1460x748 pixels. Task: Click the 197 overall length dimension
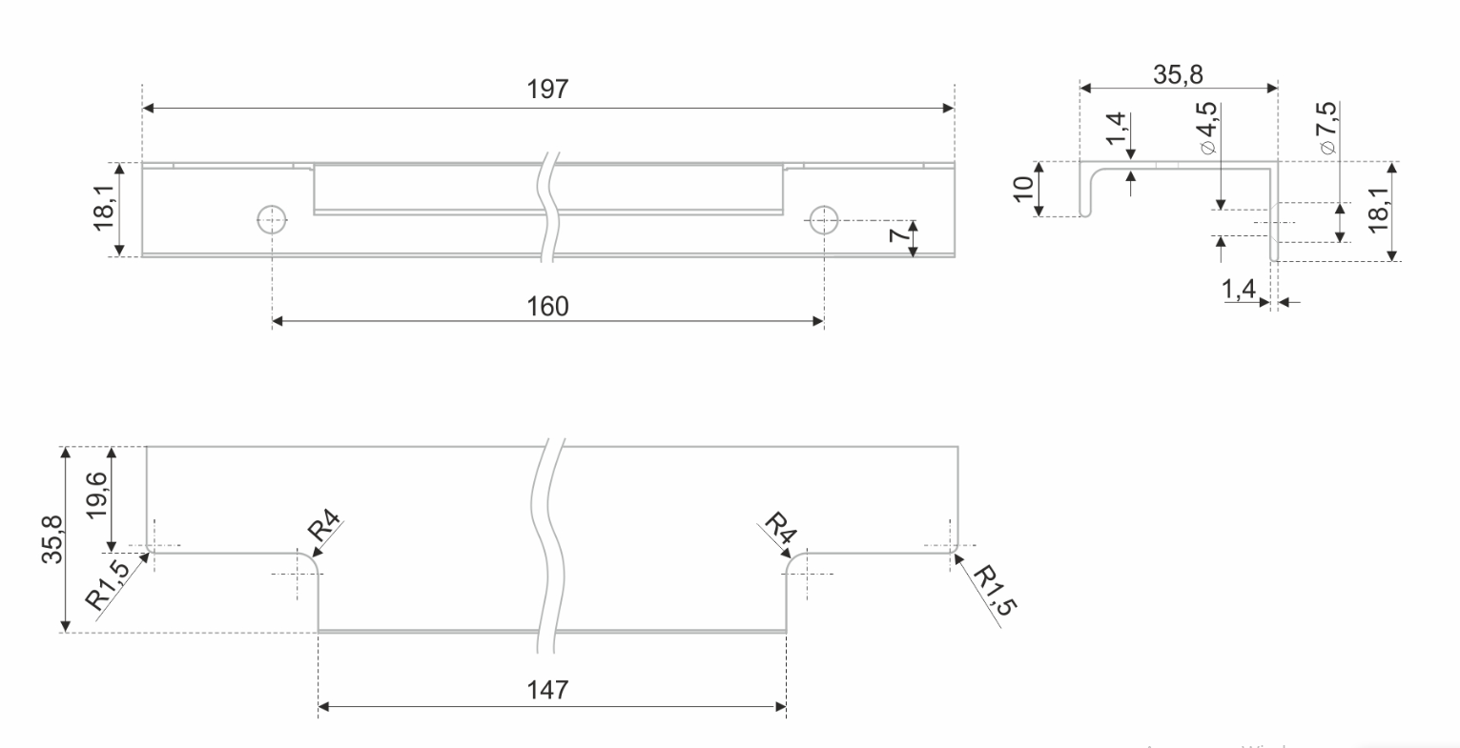click(x=547, y=90)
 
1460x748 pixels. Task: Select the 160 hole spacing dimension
click(x=547, y=306)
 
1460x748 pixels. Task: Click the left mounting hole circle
click(x=272, y=220)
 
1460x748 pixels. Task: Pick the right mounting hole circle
click(x=823, y=220)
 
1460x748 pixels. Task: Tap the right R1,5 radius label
click(x=992, y=591)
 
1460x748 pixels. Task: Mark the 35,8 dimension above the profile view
click(x=1178, y=75)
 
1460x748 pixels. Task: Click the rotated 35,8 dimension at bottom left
click(x=51, y=538)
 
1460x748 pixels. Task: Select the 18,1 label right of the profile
click(x=1378, y=211)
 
